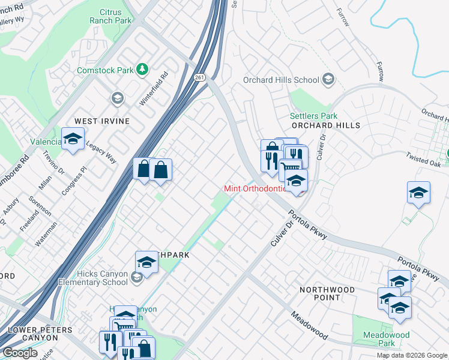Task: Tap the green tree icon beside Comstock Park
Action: point(142,70)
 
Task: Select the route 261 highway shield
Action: point(200,77)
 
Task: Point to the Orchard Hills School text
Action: point(281,80)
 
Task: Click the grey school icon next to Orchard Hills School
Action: point(328,79)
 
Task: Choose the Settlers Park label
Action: point(313,116)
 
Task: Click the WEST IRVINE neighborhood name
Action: point(101,121)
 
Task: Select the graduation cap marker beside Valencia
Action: point(73,139)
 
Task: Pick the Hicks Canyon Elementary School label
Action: point(93,278)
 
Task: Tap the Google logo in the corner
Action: point(20,353)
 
